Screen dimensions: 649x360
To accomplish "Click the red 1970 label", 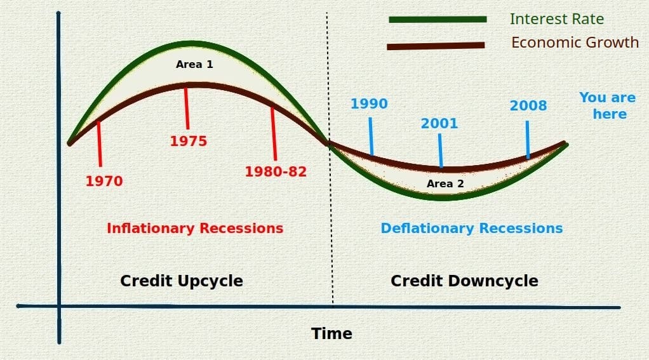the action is point(104,181).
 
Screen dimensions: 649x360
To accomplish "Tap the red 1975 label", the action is point(189,141).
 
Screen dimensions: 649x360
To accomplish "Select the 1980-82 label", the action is point(276,171).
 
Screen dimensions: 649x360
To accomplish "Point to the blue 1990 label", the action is point(369,103).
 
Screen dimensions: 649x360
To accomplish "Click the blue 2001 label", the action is point(439,123).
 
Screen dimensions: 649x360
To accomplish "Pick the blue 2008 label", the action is point(528,105).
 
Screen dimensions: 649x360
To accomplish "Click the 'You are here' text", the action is point(608,105).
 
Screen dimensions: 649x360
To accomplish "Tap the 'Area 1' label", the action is point(194,64).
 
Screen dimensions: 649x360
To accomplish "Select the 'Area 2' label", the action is point(445,183).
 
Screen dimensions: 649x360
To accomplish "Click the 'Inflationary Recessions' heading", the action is point(195,228).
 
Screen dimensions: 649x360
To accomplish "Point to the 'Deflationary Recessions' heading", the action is point(472,228).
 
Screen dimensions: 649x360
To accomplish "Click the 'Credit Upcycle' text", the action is point(182,281).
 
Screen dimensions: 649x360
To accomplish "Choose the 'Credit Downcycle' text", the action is point(464,281).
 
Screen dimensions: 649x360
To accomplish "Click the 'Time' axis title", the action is point(331,333).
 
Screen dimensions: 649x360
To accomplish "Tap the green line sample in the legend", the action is point(438,20).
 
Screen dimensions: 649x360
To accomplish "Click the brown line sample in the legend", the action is point(436,46).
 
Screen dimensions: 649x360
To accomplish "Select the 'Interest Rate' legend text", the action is point(557,19).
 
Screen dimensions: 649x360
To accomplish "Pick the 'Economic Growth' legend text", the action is point(575,43).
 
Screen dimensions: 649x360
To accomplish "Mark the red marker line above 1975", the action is point(187,109).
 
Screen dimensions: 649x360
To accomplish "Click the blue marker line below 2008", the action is point(527,140).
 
